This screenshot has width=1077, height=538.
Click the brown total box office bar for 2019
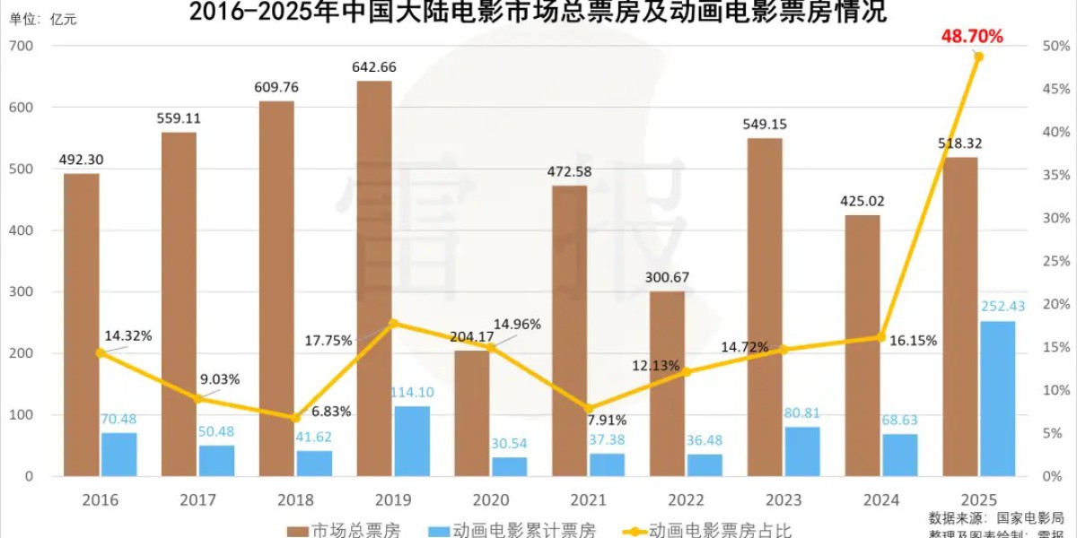(x=374, y=278)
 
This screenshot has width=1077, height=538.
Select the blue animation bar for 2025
(x=997, y=398)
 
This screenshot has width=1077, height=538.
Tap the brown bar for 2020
(x=472, y=412)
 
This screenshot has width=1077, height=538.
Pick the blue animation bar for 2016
(x=118, y=454)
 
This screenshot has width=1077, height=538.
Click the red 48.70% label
(x=972, y=36)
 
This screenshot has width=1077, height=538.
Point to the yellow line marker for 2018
(x=295, y=418)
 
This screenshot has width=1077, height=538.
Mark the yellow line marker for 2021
(x=588, y=408)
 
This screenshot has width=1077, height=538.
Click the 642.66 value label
(x=375, y=67)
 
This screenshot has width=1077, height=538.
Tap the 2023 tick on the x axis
(x=784, y=499)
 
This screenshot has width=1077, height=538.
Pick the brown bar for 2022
(x=667, y=383)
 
